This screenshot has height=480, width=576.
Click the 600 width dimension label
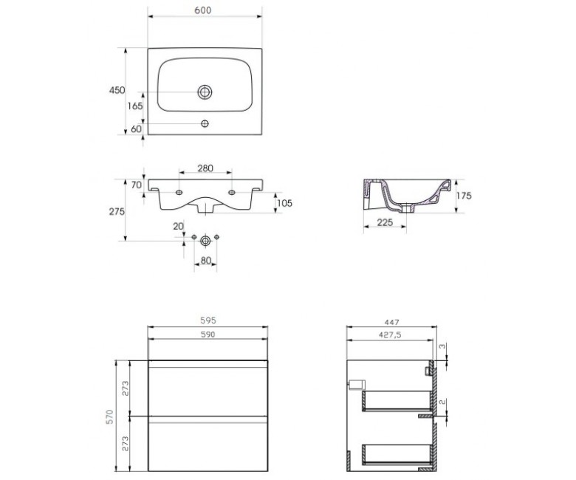203,10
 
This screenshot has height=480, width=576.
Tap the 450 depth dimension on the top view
117,90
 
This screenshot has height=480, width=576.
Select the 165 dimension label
135,106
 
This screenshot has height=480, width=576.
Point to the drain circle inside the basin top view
205,92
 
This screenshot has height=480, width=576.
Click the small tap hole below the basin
205,123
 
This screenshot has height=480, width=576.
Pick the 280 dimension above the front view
205,168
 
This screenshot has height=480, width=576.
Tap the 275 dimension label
117,211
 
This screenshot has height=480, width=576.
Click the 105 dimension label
285,203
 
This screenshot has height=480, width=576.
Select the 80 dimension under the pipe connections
206,261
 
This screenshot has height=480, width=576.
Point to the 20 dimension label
178,226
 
